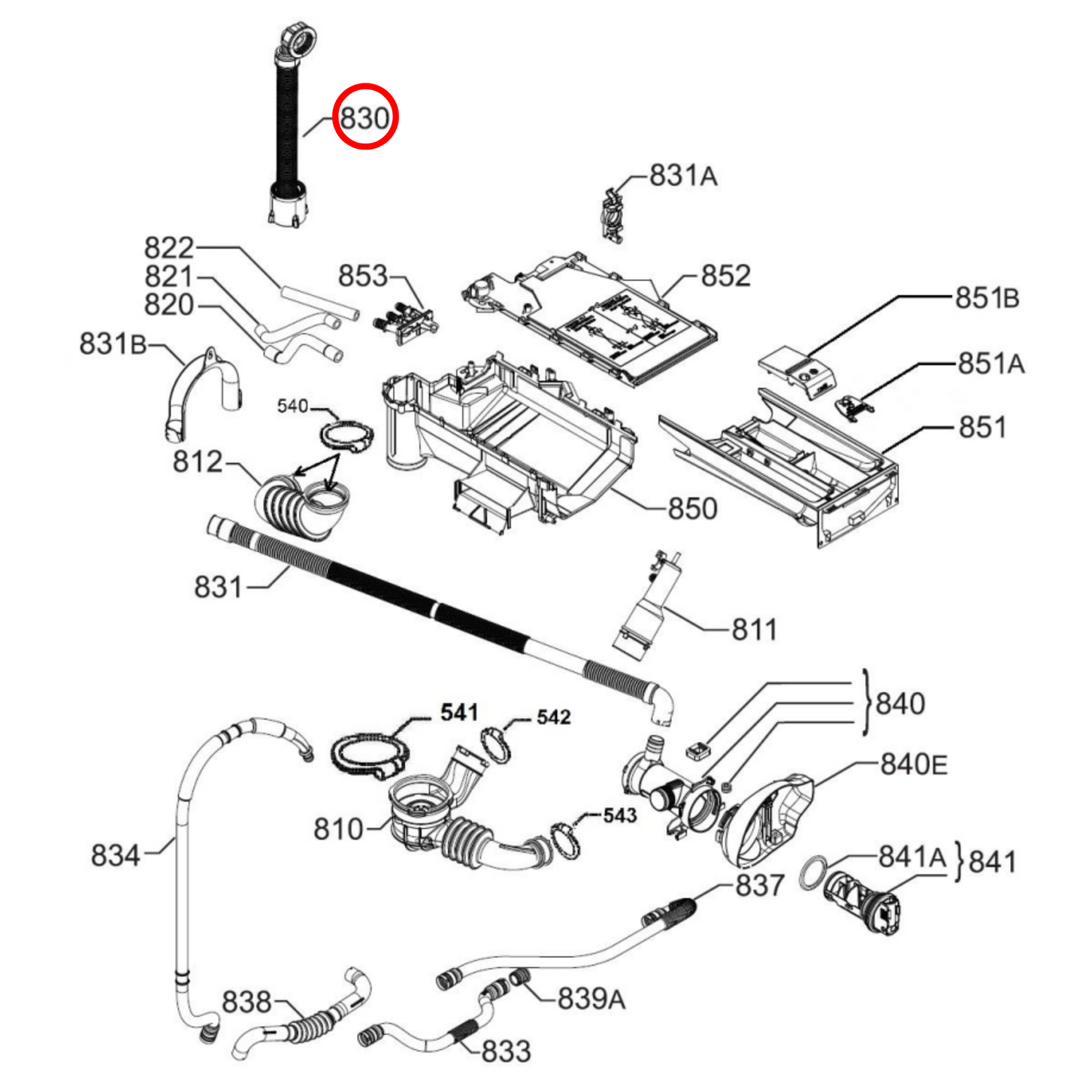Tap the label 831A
tap(682, 176)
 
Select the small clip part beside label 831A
tap(613, 216)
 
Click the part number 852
tap(725, 276)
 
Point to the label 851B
tap(987, 298)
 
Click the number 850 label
tap(692, 509)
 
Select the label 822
tap(169, 248)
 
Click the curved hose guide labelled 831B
tap(199, 395)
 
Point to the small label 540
tap(292, 407)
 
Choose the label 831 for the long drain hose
tap(218, 587)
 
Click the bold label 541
tap(458, 712)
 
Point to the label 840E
tap(913, 764)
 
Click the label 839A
tap(591, 999)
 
